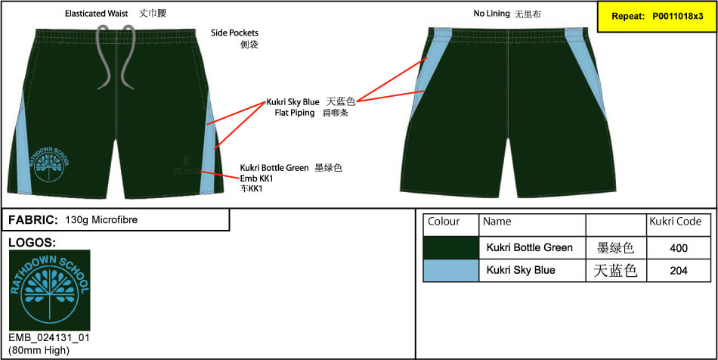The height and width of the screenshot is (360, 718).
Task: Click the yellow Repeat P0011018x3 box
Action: (657, 17)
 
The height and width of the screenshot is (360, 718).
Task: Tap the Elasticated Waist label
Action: (97, 14)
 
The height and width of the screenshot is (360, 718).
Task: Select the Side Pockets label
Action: (234, 33)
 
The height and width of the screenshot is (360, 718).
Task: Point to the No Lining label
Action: (492, 14)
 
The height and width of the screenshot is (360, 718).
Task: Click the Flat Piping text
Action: (295, 113)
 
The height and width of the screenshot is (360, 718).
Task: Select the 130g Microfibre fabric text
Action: (101, 220)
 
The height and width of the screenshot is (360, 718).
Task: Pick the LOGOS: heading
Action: (32, 242)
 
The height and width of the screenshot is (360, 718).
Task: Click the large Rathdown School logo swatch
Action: (49, 290)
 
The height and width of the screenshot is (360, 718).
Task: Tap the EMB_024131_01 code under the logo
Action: (49, 338)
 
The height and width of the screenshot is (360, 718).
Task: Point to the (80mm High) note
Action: (39, 351)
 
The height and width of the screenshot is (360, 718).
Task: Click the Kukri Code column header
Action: (676, 222)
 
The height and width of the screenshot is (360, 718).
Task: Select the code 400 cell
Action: (679, 248)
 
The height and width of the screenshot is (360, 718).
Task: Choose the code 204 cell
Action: (679, 271)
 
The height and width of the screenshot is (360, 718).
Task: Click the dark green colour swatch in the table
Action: (451, 248)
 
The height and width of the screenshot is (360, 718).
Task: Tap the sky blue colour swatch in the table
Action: (451, 271)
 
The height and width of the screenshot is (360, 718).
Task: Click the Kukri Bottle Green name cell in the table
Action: (530, 248)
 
